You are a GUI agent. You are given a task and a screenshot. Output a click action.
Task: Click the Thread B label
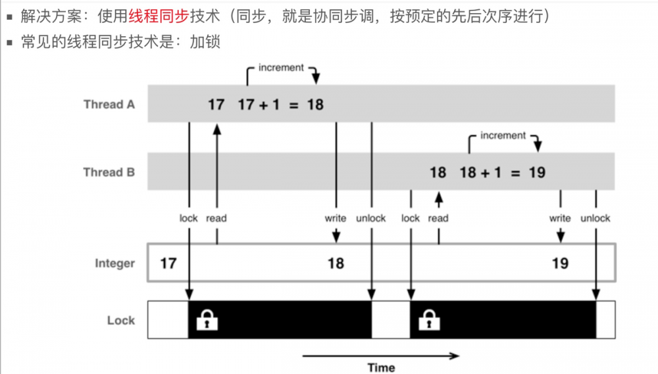pos(109,172)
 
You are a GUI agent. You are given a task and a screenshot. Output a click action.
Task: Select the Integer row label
pos(114,264)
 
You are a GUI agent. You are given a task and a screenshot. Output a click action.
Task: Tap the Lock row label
pos(121,320)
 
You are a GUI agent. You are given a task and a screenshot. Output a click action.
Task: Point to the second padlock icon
pos(430,320)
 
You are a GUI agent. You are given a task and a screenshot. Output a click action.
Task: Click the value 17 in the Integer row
pos(168,264)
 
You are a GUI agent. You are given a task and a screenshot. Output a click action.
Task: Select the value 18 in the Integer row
pos(336,264)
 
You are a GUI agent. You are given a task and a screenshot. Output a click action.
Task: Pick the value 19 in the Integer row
pos(560,264)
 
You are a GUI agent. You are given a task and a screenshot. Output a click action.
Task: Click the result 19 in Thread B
pos(537,172)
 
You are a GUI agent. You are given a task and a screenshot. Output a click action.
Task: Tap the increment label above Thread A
pos(281,68)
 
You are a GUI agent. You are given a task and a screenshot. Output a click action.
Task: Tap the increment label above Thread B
pos(503,135)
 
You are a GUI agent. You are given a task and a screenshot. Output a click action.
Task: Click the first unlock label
pos(370,218)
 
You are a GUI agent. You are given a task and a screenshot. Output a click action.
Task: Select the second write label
pos(560,218)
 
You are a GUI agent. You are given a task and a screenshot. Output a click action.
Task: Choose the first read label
pos(216,218)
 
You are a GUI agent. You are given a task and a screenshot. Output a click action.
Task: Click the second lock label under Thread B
pos(410,218)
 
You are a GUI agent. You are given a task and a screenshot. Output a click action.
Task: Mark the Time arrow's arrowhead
pos(455,356)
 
